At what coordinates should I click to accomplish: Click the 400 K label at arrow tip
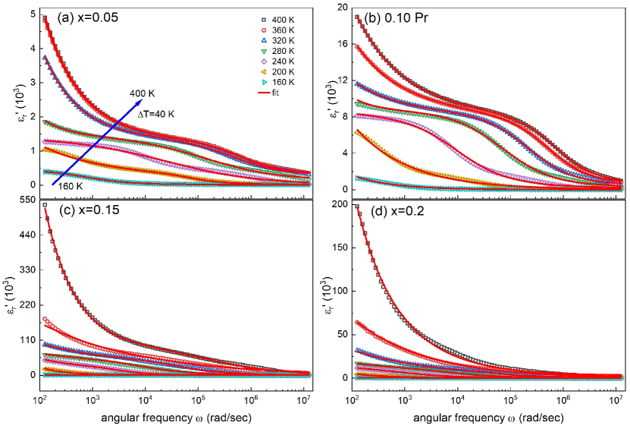(142, 93)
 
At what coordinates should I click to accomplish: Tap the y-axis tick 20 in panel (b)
(340, 8)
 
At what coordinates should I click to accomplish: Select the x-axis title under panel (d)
(485, 421)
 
